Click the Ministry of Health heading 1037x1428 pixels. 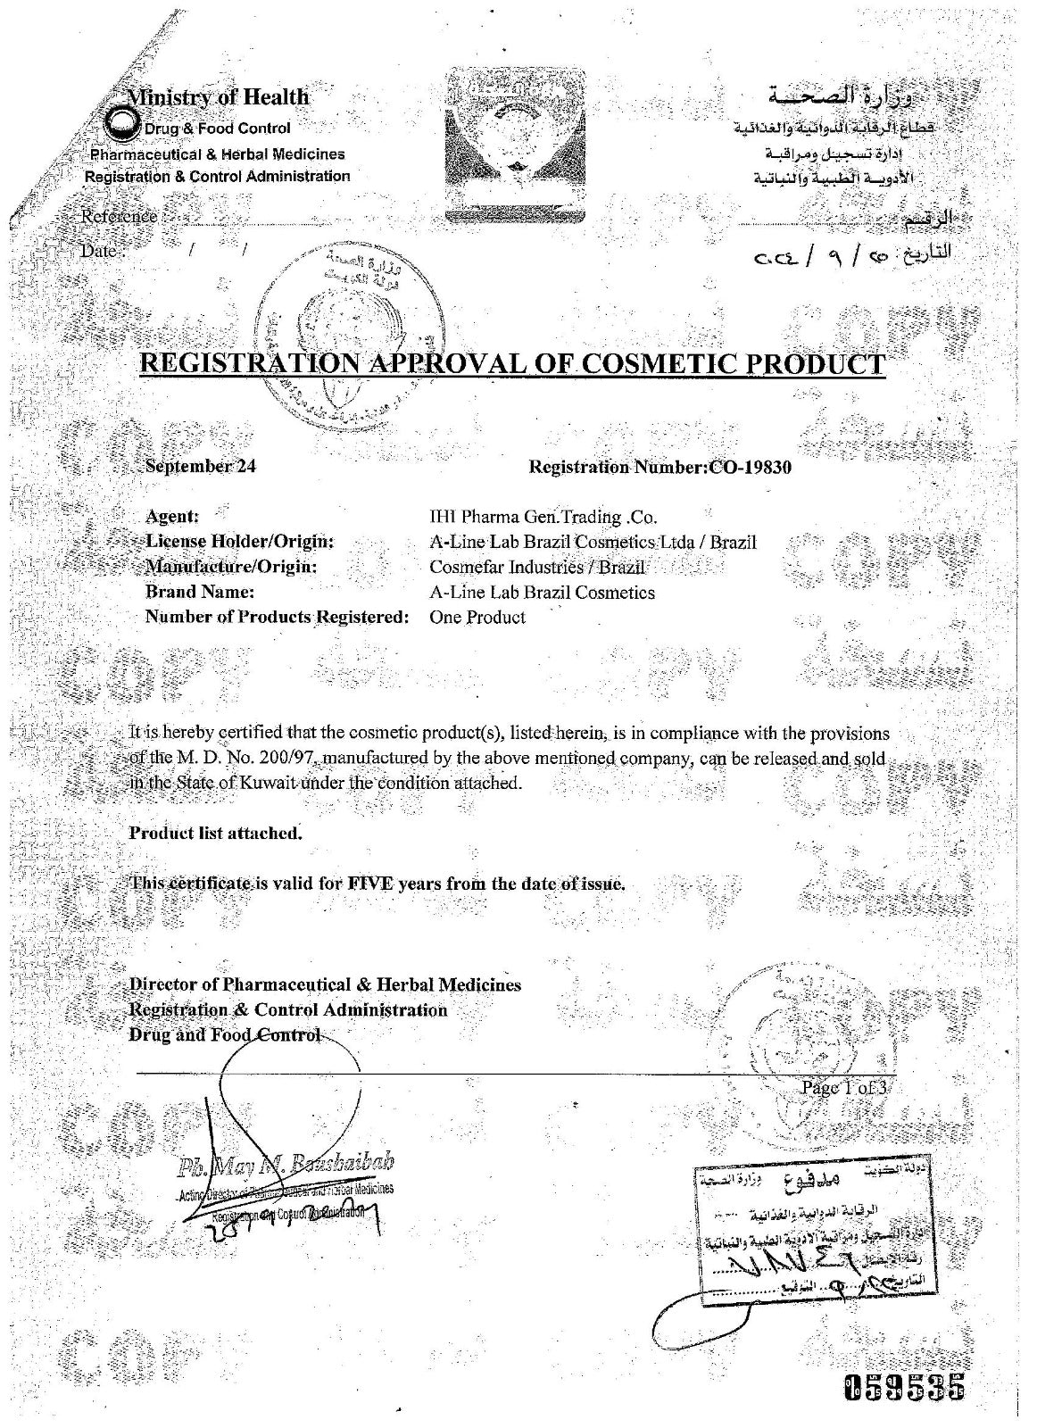(219, 96)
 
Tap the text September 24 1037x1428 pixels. (201, 465)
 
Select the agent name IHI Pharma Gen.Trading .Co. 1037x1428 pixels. (543, 516)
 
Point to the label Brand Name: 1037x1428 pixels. (200, 592)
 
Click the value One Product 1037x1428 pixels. (477, 617)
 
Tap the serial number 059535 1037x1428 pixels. (904, 1388)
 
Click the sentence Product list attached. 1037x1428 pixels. (216, 833)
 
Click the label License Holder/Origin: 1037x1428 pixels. (239, 542)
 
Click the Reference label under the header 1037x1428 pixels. (119, 216)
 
